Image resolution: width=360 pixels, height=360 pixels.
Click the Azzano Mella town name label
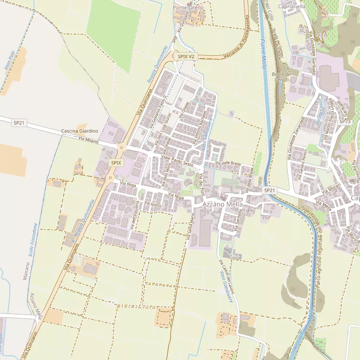click(x=223, y=204)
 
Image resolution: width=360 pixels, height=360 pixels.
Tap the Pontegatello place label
click(x=188, y=7)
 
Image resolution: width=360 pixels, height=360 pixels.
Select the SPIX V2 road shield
click(x=186, y=56)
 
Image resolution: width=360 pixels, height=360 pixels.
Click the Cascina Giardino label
click(x=80, y=131)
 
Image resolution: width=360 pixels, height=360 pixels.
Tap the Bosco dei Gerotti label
click(x=281, y=77)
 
